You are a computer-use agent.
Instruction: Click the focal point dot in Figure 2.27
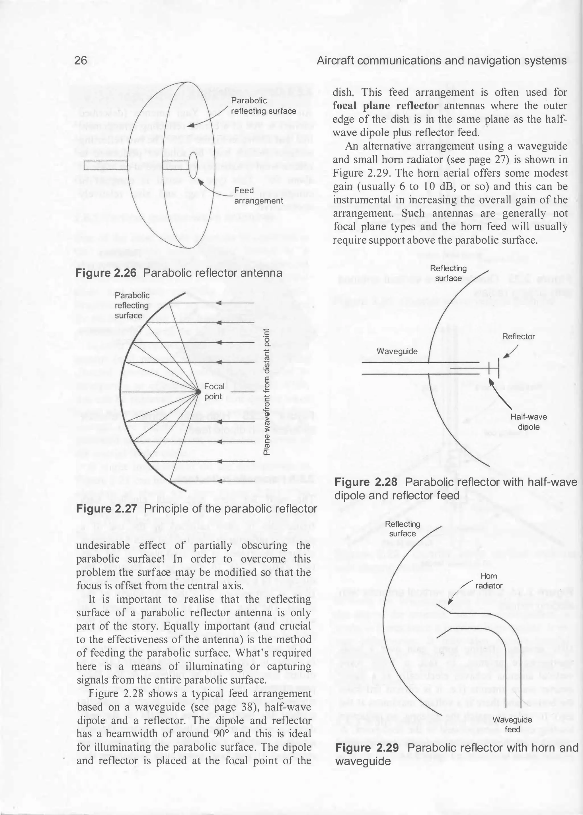[198, 391]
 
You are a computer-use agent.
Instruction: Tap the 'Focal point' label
[214, 391]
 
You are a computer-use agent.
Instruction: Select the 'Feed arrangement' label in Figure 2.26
[258, 195]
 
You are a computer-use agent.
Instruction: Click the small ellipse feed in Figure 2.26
[193, 165]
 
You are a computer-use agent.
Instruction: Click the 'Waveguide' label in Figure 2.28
[397, 351]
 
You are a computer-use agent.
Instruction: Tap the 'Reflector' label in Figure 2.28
[518, 336]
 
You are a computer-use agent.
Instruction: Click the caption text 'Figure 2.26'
[106, 273]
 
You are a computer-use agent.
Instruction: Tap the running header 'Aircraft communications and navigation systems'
[442, 60]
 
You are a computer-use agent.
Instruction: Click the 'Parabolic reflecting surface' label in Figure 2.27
[132, 305]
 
